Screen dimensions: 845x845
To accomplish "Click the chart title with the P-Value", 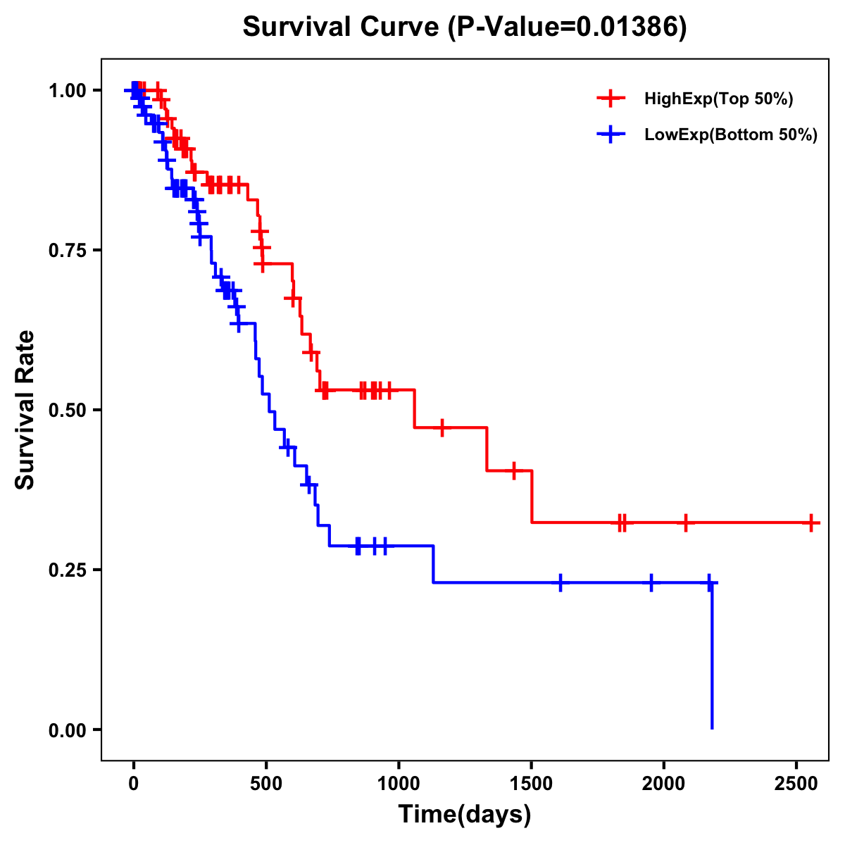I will pyautogui.click(x=464, y=27).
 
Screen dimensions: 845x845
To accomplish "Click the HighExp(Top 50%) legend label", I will pyautogui.click(x=718, y=99).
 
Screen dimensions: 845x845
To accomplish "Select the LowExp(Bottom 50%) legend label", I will pyautogui.click(x=731, y=134).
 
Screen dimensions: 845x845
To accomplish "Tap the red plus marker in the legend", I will pyautogui.click(x=611, y=99).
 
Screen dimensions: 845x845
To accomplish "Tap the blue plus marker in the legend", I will pyautogui.click(x=611, y=134).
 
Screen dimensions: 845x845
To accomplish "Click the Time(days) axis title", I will pyautogui.click(x=464, y=815).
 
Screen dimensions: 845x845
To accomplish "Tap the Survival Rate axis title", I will pyautogui.click(x=25, y=410).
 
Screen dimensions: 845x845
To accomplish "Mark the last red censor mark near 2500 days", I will pyautogui.click(x=811, y=523).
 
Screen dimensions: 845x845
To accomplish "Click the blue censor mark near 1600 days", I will pyautogui.click(x=561, y=583).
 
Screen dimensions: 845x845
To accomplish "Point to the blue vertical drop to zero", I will pyautogui.click(x=712, y=655).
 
